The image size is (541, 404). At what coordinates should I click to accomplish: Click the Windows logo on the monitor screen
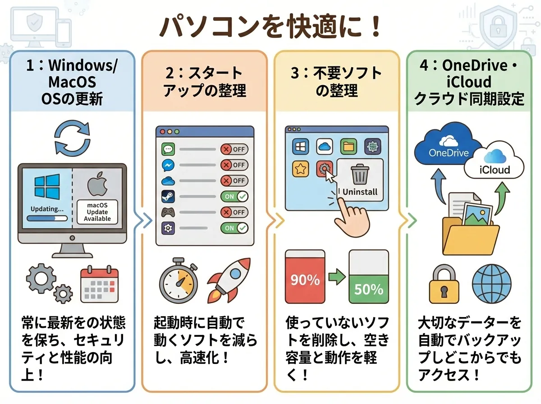click(x=46, y=188)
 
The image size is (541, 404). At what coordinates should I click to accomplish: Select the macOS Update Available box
click(x=97, y=211)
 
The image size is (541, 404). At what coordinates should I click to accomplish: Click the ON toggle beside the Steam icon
click(x=234, y=197)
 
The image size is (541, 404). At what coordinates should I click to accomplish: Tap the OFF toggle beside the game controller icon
click(x=234, y=212)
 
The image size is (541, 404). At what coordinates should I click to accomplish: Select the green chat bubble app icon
click(x=168, y=149)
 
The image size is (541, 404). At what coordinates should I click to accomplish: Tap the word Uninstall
click(x=360, y=192)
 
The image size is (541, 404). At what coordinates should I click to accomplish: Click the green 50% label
click(x=368, y=289)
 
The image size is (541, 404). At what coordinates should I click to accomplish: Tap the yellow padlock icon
click(x=443, y=284)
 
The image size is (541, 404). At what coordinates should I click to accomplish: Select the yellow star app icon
click(x=300, y=169)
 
